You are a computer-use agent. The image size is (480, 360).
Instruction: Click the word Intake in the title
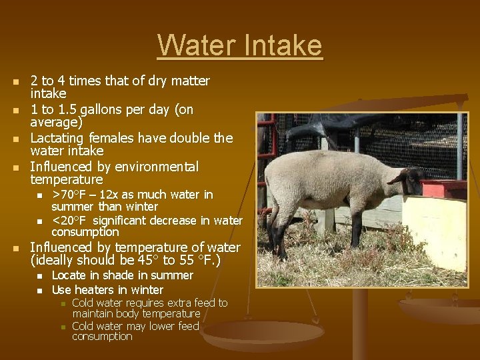coord(283,45)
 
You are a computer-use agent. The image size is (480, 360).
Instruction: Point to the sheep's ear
coord(399,177)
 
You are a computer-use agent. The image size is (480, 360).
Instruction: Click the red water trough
coord(443,189)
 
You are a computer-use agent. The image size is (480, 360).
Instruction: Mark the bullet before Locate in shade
coord(39,276)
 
